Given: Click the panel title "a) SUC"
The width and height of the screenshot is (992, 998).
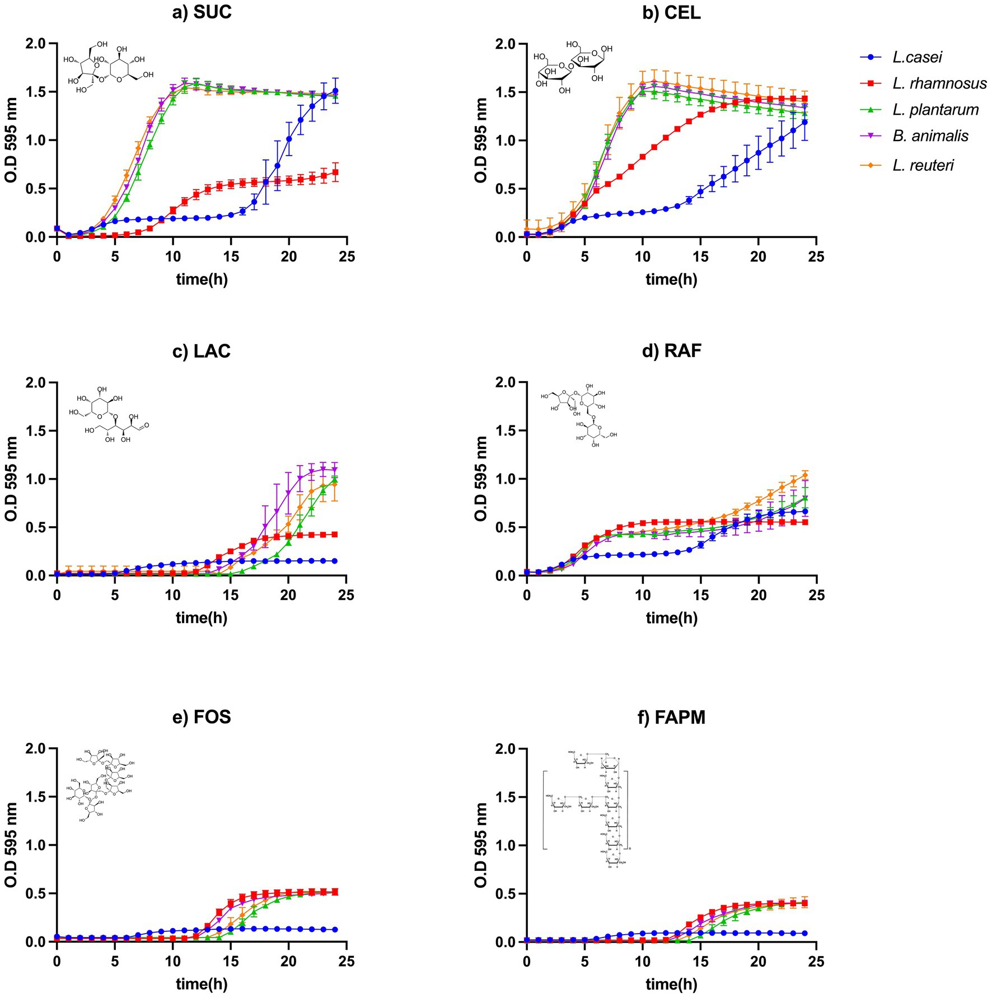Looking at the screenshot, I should [202, 12].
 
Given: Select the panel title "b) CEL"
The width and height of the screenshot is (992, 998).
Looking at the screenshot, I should [671, 12].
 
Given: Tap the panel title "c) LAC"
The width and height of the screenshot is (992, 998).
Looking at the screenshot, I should [202, 351].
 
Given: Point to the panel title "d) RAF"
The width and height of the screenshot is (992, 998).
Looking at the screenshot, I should [671, 351].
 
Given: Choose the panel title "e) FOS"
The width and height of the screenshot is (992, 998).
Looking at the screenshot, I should [202, 717].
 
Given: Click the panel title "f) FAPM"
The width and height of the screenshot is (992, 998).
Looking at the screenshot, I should [671, 717].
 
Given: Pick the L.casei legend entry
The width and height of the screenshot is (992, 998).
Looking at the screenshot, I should [917, 57].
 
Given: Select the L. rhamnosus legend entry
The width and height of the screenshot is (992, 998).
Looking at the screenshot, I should [939, 83].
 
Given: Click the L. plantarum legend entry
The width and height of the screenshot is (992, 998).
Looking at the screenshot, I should [935, 110].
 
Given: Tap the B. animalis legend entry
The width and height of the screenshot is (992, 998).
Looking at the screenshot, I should [930, 136].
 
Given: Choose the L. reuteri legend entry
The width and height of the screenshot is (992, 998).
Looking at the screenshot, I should [923, 165].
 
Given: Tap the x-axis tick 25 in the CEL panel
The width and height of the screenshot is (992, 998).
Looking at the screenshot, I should [816, 256].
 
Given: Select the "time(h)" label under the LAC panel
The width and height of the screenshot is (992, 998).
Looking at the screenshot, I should [202, 618].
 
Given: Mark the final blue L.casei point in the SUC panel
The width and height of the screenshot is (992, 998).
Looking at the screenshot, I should [335, 91].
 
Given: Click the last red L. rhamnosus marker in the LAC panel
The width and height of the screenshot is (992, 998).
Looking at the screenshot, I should [335, 535].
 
